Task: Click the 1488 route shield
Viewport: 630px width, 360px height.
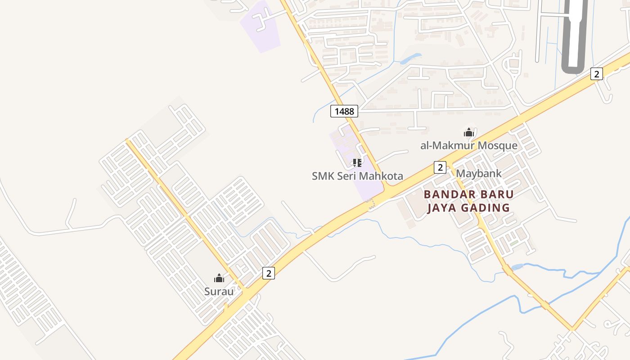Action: point(344,111)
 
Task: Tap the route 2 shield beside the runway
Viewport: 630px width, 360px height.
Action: point(596,74)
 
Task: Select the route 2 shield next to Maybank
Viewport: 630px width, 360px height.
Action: point(440,167)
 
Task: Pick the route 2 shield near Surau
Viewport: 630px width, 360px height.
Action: point(268,273)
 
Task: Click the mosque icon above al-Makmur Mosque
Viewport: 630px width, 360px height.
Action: point(469,132)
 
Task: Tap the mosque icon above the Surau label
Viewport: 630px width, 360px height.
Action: point(219,278)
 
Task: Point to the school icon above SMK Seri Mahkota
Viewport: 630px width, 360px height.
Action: point(357,162)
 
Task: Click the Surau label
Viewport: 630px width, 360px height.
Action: point(219,291)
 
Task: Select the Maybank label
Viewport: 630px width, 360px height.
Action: point(479,173)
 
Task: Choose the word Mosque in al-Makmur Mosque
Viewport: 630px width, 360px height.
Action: point(498,145)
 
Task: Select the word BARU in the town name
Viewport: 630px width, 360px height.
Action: point(498,194)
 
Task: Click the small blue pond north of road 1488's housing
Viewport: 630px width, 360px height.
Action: point(411,58)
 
